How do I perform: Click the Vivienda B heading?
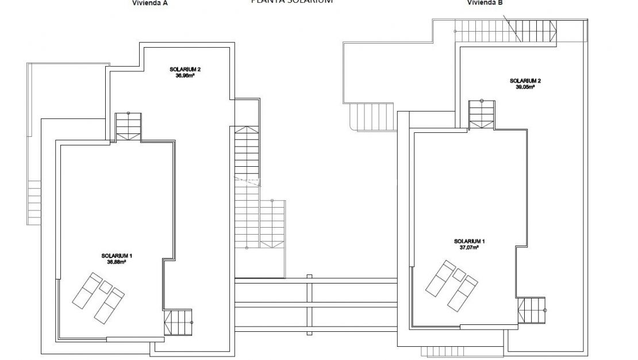485,2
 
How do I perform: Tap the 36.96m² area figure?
185,75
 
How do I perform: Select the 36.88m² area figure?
116,261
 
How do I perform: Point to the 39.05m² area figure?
525,87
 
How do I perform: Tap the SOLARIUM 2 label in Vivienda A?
185,69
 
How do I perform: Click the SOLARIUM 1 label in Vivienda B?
469,241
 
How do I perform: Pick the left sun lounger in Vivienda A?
87,289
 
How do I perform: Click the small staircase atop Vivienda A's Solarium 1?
128,127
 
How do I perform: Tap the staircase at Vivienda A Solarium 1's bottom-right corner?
178,323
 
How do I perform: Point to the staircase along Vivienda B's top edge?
506,30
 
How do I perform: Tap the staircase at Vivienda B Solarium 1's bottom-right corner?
532,311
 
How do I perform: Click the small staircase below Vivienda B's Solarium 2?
482,114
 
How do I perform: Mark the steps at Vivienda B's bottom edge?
439,351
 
